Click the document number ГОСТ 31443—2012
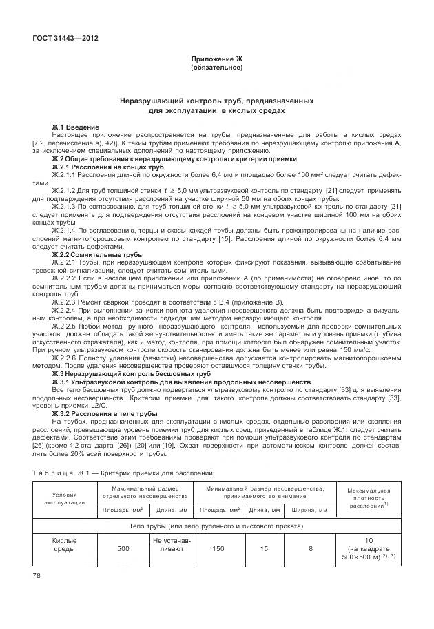pyautogui.click(x=65, y=39)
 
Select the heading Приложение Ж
pyautogui.click(x=216, y=61)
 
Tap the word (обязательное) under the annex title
pyautogui.click(x=216, y=68)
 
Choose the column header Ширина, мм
pyautogui.click(x=311, y=510)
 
